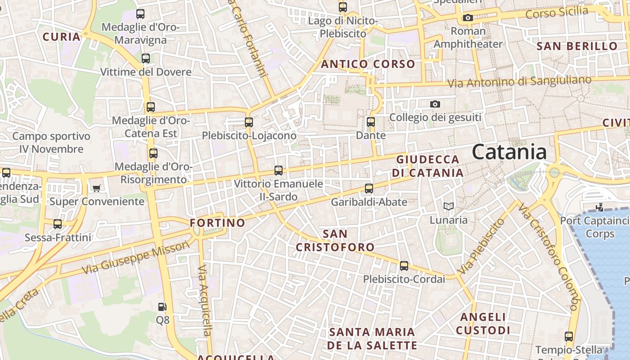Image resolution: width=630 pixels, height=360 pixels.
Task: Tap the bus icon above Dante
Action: coord(371,122)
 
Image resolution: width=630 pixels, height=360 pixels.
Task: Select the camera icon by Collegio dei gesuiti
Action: coord(435,104)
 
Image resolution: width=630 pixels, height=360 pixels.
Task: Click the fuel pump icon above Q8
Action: coord(162,307)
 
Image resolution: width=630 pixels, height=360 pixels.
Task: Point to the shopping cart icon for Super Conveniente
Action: coord(96,188)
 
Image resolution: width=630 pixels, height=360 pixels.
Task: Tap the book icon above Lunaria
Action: coord(448,207)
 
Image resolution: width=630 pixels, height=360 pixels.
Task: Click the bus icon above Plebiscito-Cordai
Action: coord(404,266)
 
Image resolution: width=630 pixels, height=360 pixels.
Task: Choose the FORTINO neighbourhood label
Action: coord(217,223)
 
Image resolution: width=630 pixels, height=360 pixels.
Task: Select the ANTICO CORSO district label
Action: coord(368,64)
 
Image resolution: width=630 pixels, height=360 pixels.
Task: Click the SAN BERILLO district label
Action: coord(577,46)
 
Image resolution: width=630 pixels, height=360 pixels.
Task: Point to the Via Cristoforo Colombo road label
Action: coord(548,256)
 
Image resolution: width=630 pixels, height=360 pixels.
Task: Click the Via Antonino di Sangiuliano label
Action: coord(520,82)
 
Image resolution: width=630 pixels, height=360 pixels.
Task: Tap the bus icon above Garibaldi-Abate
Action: coord(369,189)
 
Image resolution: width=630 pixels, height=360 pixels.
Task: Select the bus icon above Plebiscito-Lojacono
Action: coord(248,122)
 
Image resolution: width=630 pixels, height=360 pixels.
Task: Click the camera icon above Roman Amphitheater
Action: coord(468,18)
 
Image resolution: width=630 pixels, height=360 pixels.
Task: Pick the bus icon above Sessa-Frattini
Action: coord(58,224)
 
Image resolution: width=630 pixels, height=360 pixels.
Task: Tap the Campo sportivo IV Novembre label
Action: coord(51,142)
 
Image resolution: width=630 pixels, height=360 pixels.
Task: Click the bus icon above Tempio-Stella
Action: coord(569,337)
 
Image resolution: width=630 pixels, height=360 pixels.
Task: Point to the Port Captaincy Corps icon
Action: coord(599,207)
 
